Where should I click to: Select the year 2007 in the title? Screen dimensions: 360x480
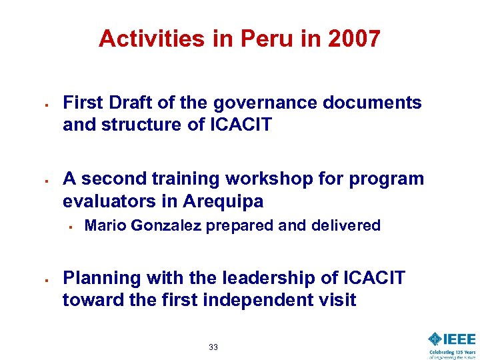tap(354, 39)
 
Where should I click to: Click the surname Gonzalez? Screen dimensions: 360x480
tap(167, 225)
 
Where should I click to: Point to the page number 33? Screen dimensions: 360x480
tap(213, 347)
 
